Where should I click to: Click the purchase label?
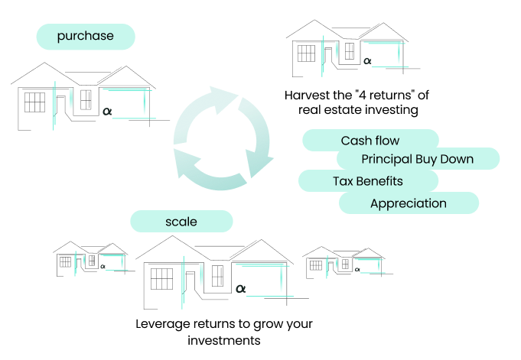click(85, 36)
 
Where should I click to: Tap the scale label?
click(181, 222)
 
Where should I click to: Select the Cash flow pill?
click(370, 141)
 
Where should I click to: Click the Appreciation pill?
click(409, 203)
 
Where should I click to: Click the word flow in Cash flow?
click(387, 141)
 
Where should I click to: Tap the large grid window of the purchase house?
click(34, 102)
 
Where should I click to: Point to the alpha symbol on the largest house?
click(240, 289)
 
